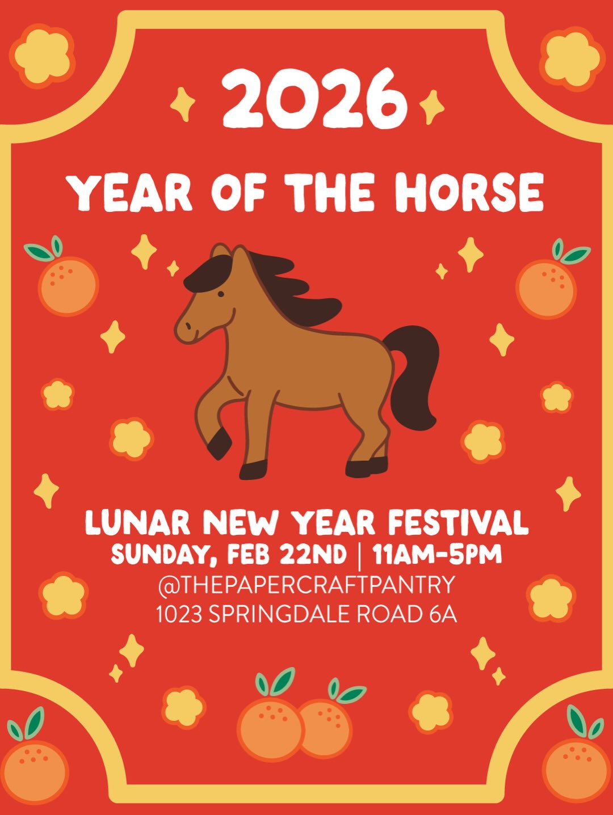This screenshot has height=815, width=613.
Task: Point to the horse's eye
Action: pos(220,294)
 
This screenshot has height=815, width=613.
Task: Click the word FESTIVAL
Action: pos(458,523)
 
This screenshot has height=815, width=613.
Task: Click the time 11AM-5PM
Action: pos(437,554)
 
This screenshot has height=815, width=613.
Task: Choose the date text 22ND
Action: pos(313,554)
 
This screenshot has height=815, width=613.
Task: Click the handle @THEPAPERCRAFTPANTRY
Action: pos(306,585)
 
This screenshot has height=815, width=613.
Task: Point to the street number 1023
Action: pos(179,614)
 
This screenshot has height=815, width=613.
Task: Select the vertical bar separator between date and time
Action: pos(360,555)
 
